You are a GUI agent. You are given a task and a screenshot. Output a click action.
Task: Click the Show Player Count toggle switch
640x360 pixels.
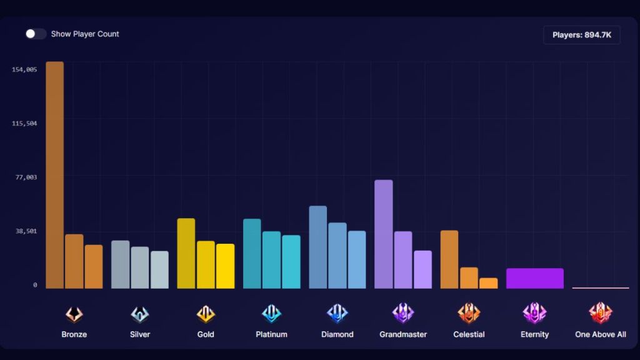pos(36,34)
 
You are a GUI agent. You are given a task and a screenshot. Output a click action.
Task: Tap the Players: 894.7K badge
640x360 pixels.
pos(581,35)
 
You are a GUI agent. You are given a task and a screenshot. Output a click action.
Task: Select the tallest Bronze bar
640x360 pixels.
pos(55,175)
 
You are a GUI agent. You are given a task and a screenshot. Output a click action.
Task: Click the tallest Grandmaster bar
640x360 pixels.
pos(384,234)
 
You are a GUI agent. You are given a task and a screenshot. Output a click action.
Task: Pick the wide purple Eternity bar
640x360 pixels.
pos(535,279)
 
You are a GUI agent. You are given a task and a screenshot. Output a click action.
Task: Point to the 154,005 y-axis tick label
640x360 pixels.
pos(24,69)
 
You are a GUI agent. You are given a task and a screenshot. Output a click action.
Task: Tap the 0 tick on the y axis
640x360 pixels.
pos(35,285)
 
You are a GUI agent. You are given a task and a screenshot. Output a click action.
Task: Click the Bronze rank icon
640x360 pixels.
pos(74,314)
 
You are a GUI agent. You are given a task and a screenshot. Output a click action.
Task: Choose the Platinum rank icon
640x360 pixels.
pos(271,314)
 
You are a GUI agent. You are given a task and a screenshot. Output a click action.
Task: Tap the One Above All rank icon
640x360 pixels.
pos(601,314)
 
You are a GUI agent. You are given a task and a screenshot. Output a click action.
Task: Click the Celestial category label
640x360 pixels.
pos(469,334)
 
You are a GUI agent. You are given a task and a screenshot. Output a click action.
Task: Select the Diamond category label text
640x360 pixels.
pos(337,334)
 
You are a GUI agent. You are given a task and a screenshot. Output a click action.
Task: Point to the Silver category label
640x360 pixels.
pos(140,334)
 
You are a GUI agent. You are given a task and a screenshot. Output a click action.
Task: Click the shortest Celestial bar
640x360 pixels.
pos(489,284)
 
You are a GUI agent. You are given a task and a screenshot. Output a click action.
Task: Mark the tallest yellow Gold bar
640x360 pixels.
pos(186,254)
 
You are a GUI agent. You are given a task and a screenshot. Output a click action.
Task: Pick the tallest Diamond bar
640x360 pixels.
pos(318,247)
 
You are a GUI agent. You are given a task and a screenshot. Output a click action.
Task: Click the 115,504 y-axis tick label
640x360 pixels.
pos(24,123)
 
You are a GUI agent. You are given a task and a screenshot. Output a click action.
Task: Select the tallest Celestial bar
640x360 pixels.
pos(449,260)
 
